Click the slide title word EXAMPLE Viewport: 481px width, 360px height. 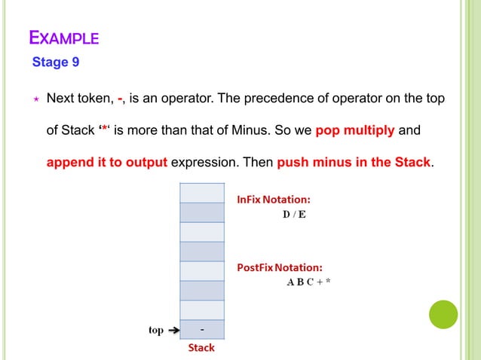[63, 37]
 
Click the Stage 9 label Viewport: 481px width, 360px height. [56, 63]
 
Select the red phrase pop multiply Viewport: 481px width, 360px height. [354, 130]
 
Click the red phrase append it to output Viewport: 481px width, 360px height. [107, 162]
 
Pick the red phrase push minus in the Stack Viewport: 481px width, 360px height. [354, 162]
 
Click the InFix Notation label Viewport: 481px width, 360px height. [274, 200]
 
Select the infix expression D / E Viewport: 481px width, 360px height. [295, 215]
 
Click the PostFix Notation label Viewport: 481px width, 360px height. [280, 267]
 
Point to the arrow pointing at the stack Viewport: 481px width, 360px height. [173, 330]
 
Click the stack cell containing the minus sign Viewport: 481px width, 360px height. [202, 330]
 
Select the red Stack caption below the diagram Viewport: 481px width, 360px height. [201, 347]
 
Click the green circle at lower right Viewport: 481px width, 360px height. [443, 315]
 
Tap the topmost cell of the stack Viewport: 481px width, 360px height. [202, 193]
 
